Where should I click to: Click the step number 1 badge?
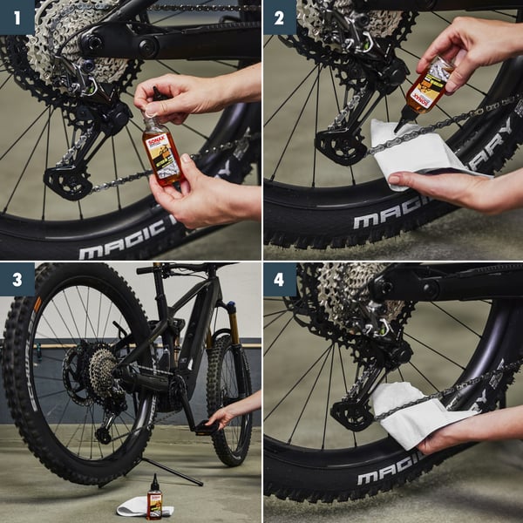tap(17, 17)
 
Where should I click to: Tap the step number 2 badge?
tap(280, 17)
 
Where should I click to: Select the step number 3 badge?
tap(17, 279)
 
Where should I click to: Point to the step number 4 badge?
tap(280, 279)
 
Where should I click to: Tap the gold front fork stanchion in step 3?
tap(233, 322)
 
